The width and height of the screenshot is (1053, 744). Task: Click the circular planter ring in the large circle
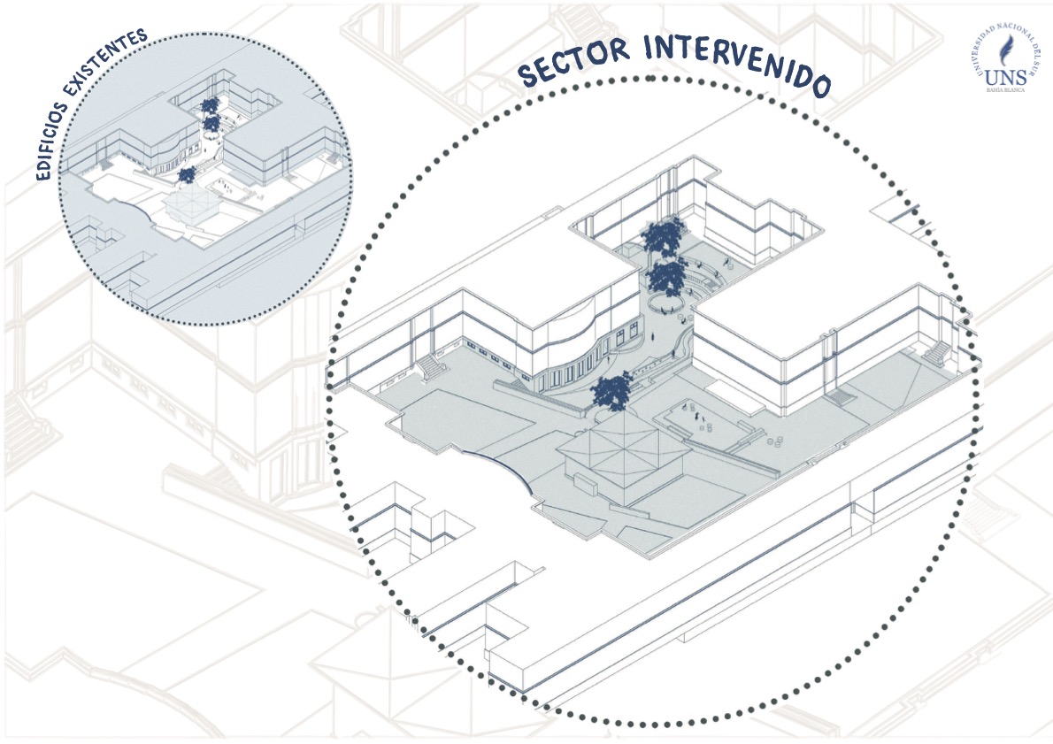(x=663, y=303)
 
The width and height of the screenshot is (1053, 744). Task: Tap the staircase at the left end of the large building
(x=433, y=365)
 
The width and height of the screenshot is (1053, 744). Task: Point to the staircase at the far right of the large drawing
(x=935, y=354)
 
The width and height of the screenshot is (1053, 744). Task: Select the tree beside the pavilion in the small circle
(x=186, y=175)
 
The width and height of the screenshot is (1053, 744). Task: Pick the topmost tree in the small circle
(x=210, y=105)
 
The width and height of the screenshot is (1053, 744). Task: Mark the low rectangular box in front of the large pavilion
(x=587, y=482)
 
